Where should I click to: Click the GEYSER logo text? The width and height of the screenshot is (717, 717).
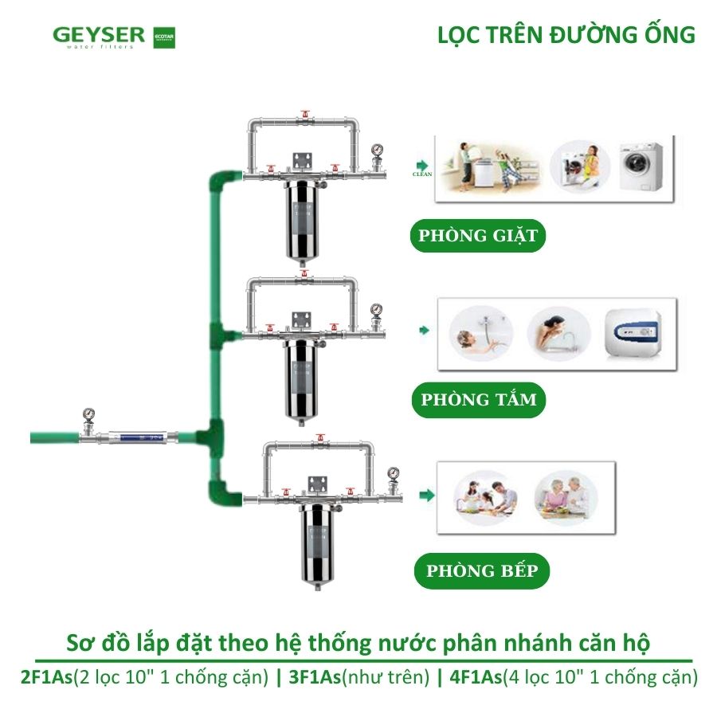pyautogui.click(x=99, y=35)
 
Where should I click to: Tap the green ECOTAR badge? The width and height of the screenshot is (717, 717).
pyautogui.click(x=163, y=37)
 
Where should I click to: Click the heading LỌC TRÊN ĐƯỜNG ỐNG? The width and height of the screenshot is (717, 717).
pyautogui.click(x=566, y=36)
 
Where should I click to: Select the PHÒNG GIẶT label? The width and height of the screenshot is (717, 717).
pyautogui.click(x=478, y=236)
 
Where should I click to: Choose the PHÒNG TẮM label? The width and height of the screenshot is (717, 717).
pyautogui.click(x=479, y=399)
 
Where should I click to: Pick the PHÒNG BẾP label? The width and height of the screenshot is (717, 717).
pyautogui.click(x=481, y=570)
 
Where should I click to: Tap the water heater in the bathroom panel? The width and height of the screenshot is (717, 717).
pyautogui.click(x=639, y=335)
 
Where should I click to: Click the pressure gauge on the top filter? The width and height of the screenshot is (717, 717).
pyautogui.click(x=375, y=150)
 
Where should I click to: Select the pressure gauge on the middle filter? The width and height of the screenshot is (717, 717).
pyautogui.click(x=376, y=309)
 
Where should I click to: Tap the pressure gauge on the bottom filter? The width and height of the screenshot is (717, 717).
pyautogui.click(x=393, y=475)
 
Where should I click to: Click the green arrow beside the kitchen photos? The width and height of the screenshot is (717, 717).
pyautogui.click(x=428, y=496)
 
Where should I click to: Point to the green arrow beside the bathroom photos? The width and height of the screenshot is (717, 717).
pyautogui.click(x=425, y=330)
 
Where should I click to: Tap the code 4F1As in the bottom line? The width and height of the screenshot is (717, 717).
pyautogui.click(x=476, y=677)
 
